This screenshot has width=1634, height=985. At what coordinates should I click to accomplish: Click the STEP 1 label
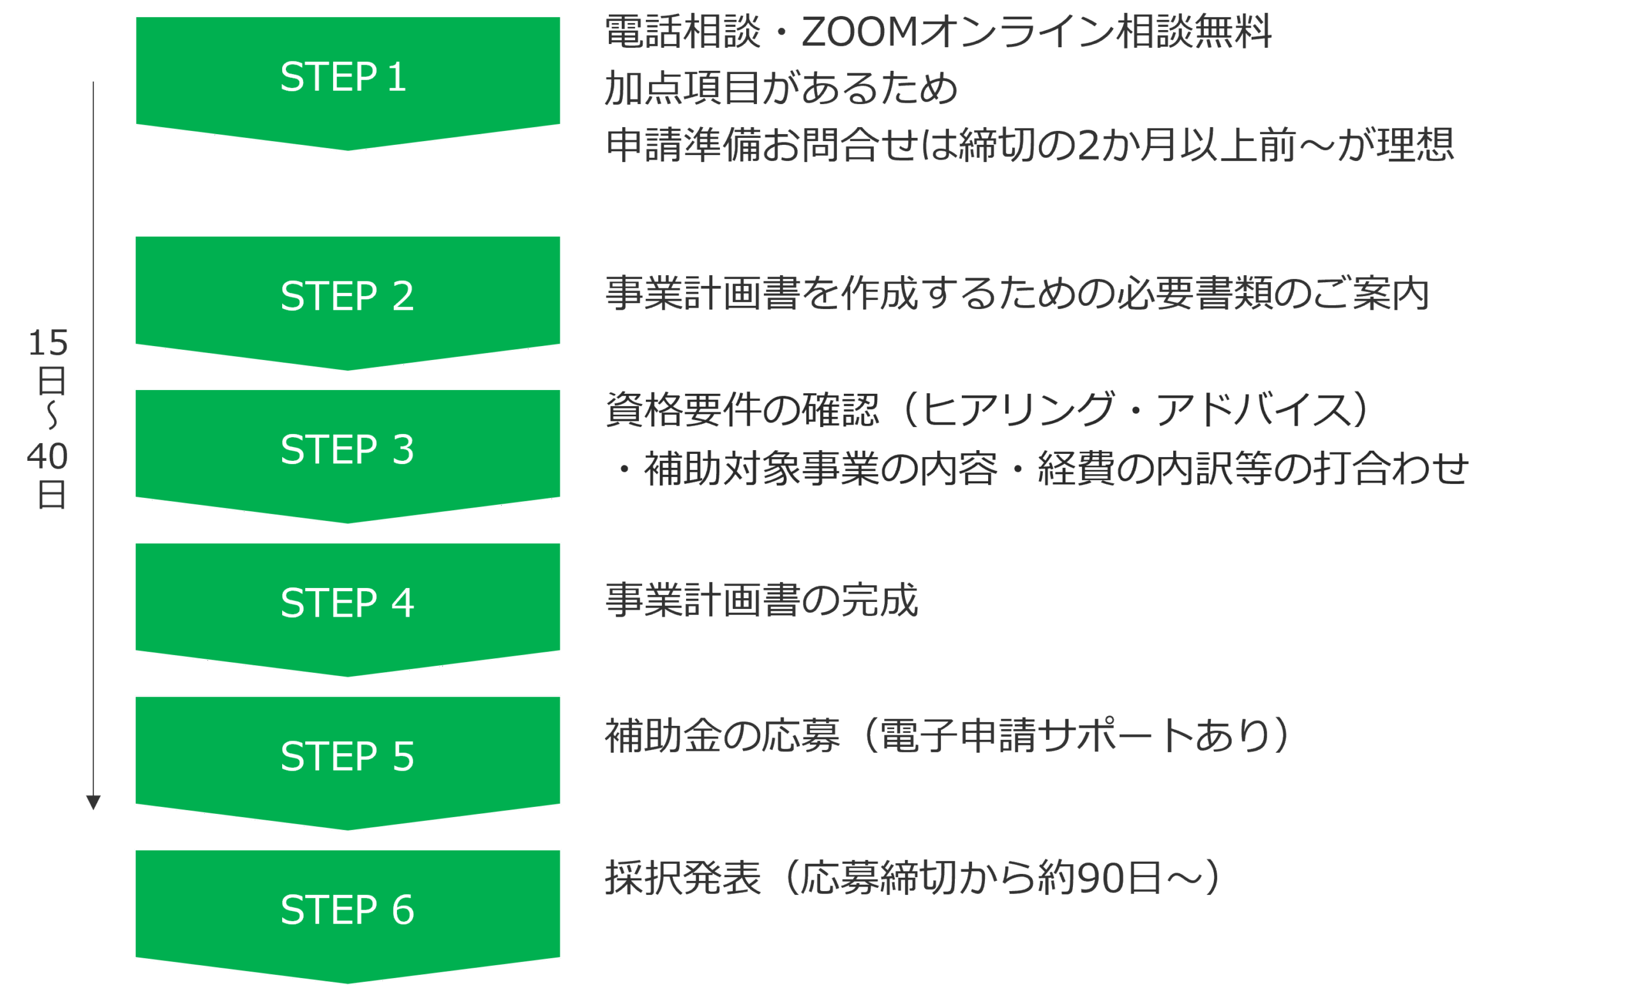coord(343,77)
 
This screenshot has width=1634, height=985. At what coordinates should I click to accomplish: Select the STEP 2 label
coord(347,296)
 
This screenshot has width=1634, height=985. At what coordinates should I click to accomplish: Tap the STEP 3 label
coord(347,449)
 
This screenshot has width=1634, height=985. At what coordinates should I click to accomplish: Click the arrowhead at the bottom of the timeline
coord(93,802)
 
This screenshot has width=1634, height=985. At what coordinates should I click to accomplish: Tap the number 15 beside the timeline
coord(48,343)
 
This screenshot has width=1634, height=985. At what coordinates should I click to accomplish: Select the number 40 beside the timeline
coord(48,456)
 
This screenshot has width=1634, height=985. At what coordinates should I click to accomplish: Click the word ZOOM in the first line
coord(859,32)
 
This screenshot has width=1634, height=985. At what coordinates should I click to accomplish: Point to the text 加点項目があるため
coord(781,88)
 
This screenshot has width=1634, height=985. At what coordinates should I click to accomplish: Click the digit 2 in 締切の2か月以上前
coord(1088,146)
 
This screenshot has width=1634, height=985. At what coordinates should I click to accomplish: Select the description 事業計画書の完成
coord(761,601)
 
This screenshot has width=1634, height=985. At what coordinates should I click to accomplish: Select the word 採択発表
coord(683,878)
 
